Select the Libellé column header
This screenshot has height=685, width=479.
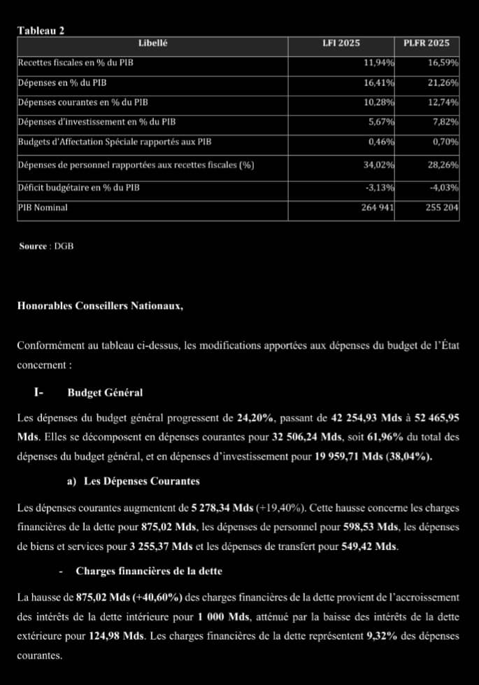point(152,43)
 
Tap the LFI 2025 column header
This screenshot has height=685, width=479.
point(341,43)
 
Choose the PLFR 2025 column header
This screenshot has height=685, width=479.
point(427,43)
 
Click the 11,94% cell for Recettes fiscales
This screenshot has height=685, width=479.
point(379,63)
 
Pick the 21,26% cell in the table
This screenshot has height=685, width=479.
point(443,83)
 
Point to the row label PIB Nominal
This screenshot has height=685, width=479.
point(43,208)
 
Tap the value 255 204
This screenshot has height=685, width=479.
point(442,208)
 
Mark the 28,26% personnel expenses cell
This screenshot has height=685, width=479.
point(443,165)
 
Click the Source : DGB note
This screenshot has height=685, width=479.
point(46,246)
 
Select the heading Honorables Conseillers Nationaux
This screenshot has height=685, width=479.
point(100,306)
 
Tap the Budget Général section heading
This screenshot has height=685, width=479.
point(105,393)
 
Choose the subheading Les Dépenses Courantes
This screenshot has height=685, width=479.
point(141,481)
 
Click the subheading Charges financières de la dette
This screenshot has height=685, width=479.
point(149,571)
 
